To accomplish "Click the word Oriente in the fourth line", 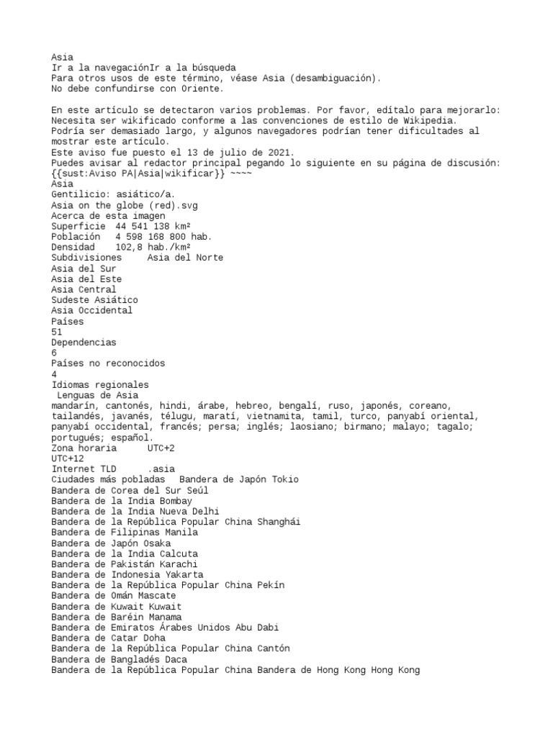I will click(x=203, y=89).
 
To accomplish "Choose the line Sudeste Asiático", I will click(x=94, y=299).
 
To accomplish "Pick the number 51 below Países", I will click(x=57, y=332).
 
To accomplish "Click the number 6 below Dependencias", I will click(x=54, y=353).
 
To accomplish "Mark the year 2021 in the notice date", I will click(x=273, y=152).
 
